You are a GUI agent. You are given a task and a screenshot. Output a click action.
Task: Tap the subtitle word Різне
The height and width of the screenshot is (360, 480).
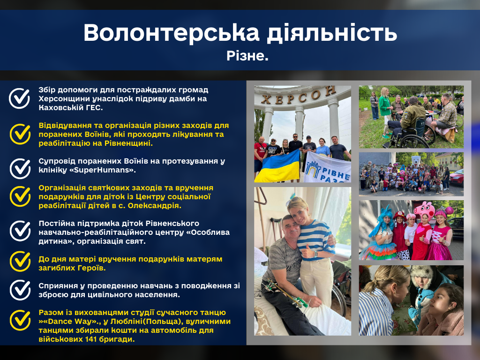[x=247, y=56]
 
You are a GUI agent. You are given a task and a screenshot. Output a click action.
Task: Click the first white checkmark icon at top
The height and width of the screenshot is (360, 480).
[x=19, y=98]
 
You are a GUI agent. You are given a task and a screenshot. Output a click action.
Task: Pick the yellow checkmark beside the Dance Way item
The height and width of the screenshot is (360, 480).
[x=20, y=320]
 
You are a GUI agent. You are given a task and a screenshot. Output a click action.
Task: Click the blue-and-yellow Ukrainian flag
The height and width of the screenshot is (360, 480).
[x=277, y=166]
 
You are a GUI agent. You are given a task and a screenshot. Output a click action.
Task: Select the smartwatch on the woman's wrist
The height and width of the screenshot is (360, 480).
[x=315, y=254]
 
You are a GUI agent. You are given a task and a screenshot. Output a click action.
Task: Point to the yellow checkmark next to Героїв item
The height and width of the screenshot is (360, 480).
[x=20, y=262]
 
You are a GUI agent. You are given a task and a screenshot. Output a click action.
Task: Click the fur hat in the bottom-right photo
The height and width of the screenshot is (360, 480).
[x=422, y=276]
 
